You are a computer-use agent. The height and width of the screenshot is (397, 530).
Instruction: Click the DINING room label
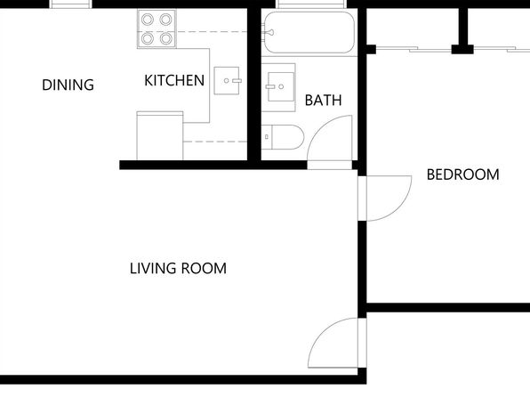(68, 85)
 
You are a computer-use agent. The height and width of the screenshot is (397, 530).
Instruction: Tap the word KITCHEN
(174, 80)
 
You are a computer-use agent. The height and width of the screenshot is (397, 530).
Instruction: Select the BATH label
(323, 101)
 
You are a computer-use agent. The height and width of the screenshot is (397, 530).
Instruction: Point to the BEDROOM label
(462, 174)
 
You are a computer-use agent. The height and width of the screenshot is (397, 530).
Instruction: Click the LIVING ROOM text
(178, 269)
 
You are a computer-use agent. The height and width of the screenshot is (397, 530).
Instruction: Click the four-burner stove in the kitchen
(157, 29)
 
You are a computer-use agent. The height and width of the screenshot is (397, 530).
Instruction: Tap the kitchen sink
(227, 80)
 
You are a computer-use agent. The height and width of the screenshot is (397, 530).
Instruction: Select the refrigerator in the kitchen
(160, 135)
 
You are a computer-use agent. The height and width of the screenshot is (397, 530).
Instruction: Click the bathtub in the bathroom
(309, 33)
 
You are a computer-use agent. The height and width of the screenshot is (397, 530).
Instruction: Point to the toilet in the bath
(283, 137)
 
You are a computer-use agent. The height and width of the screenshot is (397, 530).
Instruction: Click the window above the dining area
(70, 4)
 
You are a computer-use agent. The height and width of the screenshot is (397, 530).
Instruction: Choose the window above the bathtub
(311, 4)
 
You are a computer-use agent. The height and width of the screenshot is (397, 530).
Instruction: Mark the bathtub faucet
(269, 33)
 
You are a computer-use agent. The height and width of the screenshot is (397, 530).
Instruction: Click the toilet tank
(267, 137)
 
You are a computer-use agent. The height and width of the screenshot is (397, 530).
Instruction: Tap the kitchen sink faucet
(237, 80)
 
